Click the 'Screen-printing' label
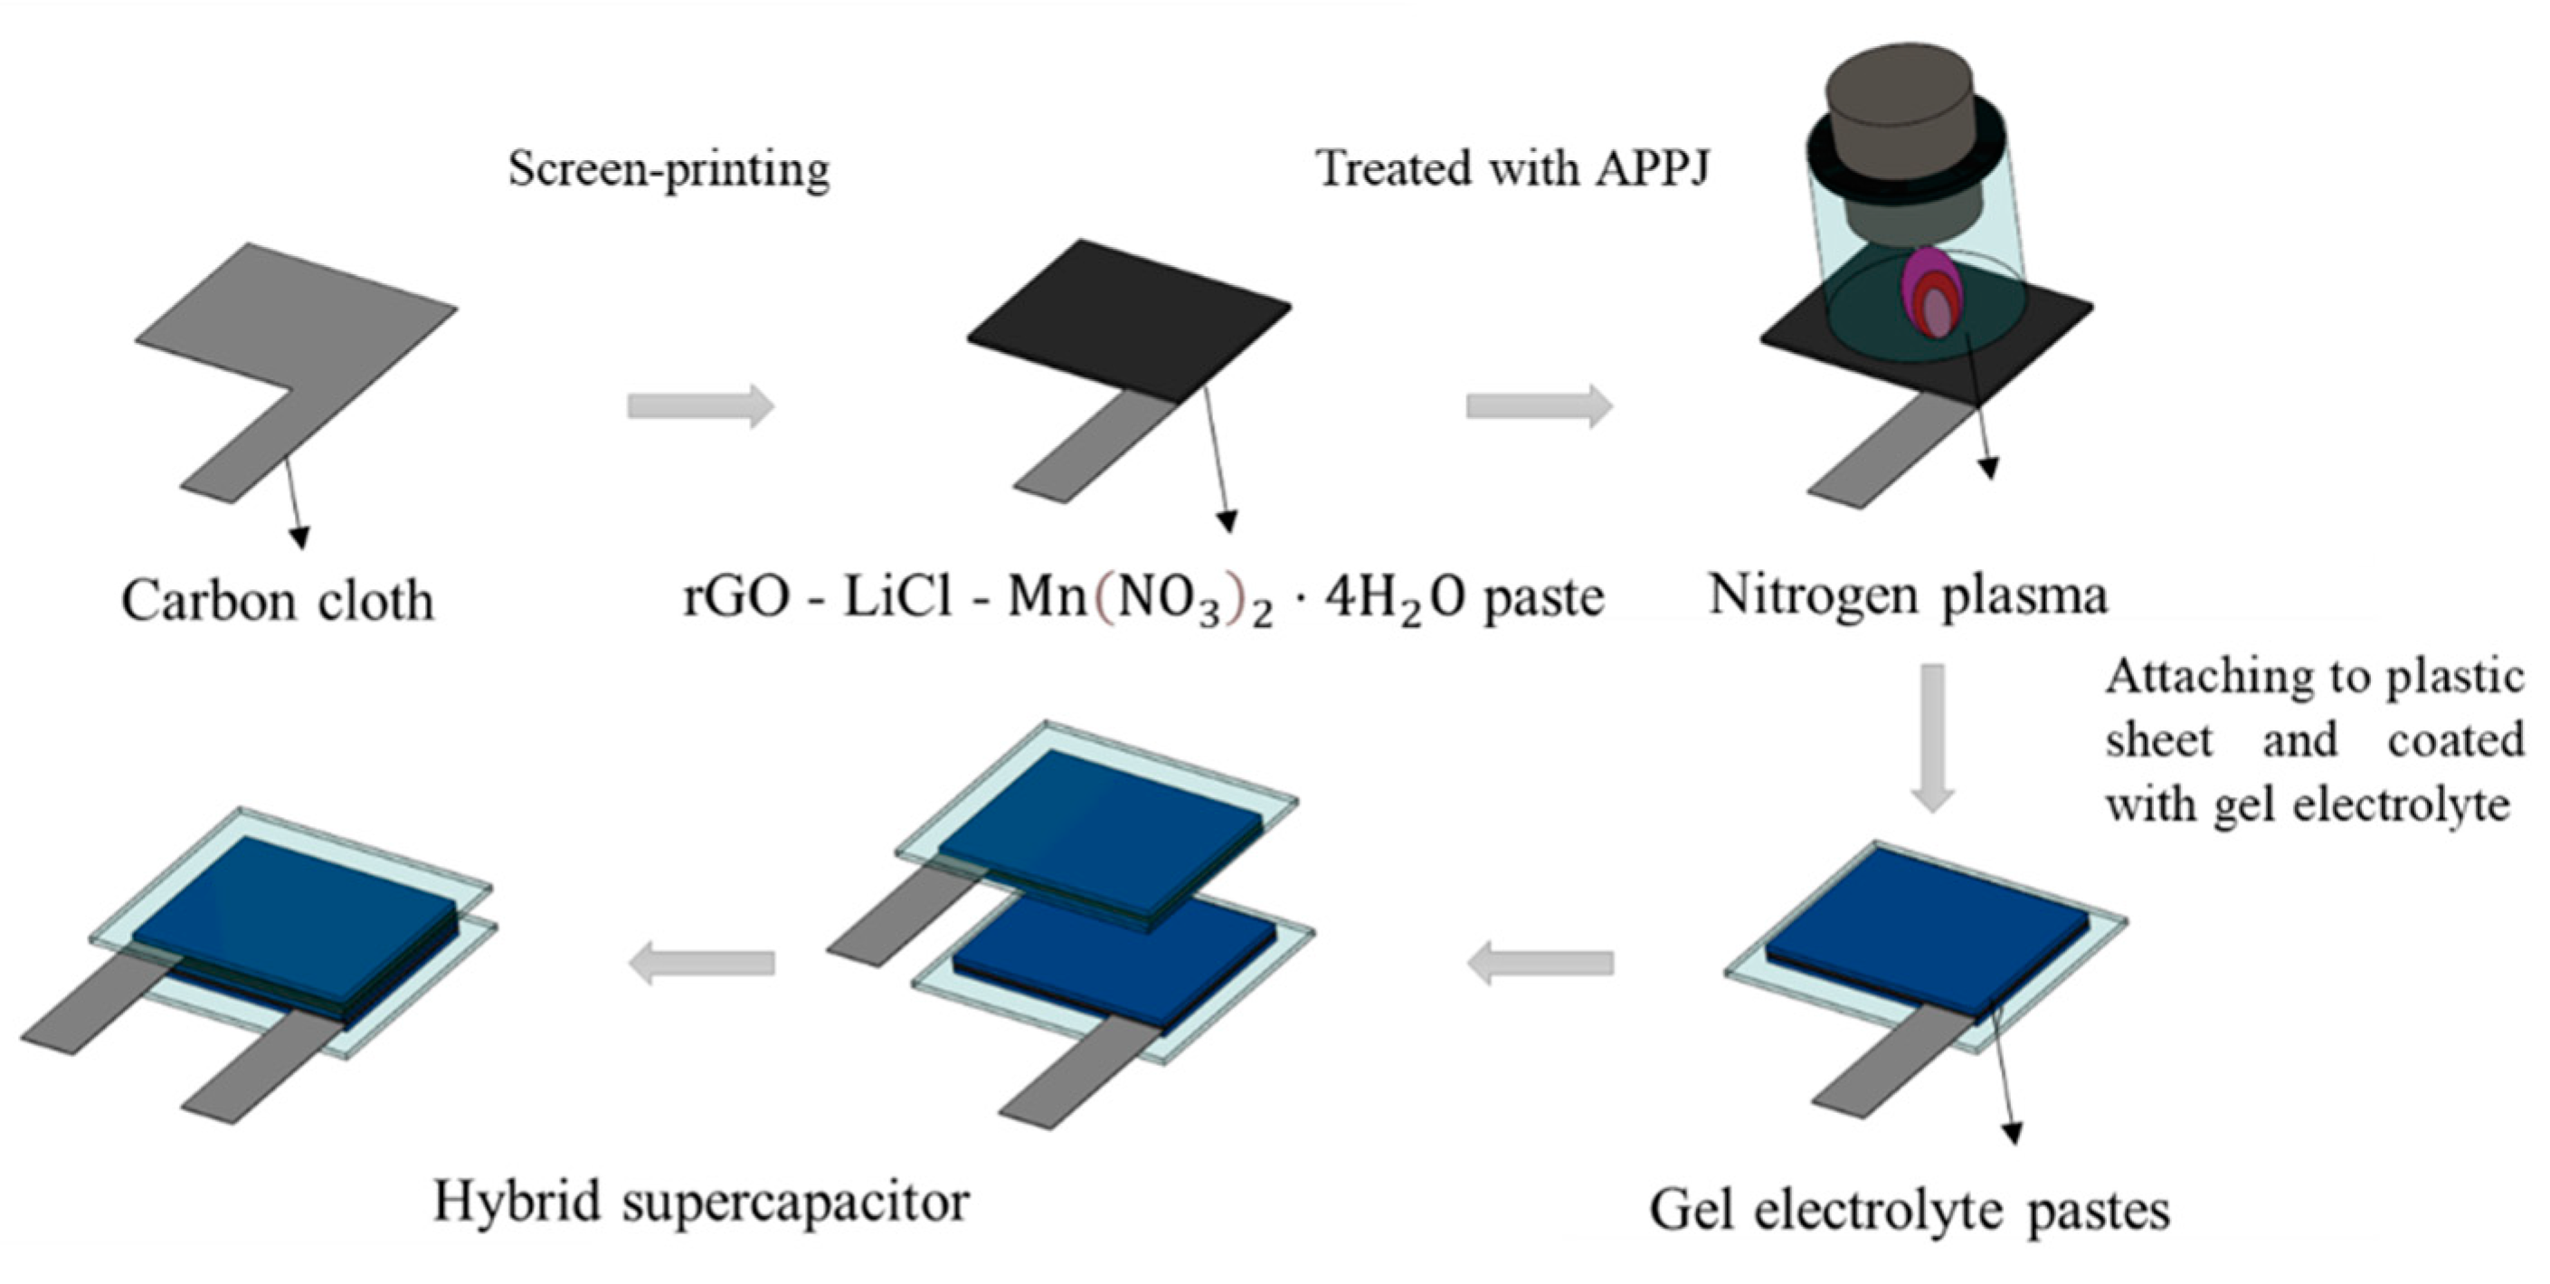(x=669, y=170)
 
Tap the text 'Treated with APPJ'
(x=1512, y=168)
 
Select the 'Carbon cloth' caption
(x=277, y=601)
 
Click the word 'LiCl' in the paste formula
(x=896, y=597)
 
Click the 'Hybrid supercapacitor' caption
(x=701, y=1202)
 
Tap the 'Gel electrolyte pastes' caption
(x=1909, y=1210)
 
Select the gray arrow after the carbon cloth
(x=700, y=406)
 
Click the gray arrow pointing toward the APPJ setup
(x=1539, y=406)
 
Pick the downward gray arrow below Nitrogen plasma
(x=1931, y=737)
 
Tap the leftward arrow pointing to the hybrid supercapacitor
(x=702, y=962)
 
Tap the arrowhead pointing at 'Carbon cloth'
(x=299, y=537)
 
